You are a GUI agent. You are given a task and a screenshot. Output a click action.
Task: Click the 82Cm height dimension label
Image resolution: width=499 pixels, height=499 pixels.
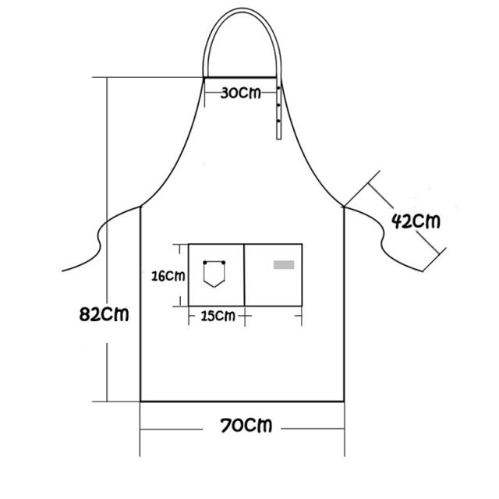[x=104, y=313]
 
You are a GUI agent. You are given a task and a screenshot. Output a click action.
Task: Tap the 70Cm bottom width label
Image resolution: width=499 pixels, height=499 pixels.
[x=246, y=426]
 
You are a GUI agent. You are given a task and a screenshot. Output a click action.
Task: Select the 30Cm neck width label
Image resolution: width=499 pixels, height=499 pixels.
[x=241, y=93]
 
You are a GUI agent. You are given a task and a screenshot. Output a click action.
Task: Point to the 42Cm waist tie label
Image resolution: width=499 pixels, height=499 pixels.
[x=416, y=221]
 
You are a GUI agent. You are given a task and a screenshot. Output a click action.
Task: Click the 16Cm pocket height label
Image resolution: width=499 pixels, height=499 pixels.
[x=168, y=276]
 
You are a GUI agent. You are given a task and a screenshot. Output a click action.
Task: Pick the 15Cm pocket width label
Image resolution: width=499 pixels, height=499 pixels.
[x=218, y=316]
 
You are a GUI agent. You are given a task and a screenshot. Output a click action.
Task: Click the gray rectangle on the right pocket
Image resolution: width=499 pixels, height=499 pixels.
[x=284, y=265]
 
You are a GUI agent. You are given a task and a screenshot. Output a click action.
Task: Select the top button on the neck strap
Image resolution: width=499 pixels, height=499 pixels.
[x=278, y=87]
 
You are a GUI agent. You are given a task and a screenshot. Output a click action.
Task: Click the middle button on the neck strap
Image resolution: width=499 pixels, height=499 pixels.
[x=278, y=104]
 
